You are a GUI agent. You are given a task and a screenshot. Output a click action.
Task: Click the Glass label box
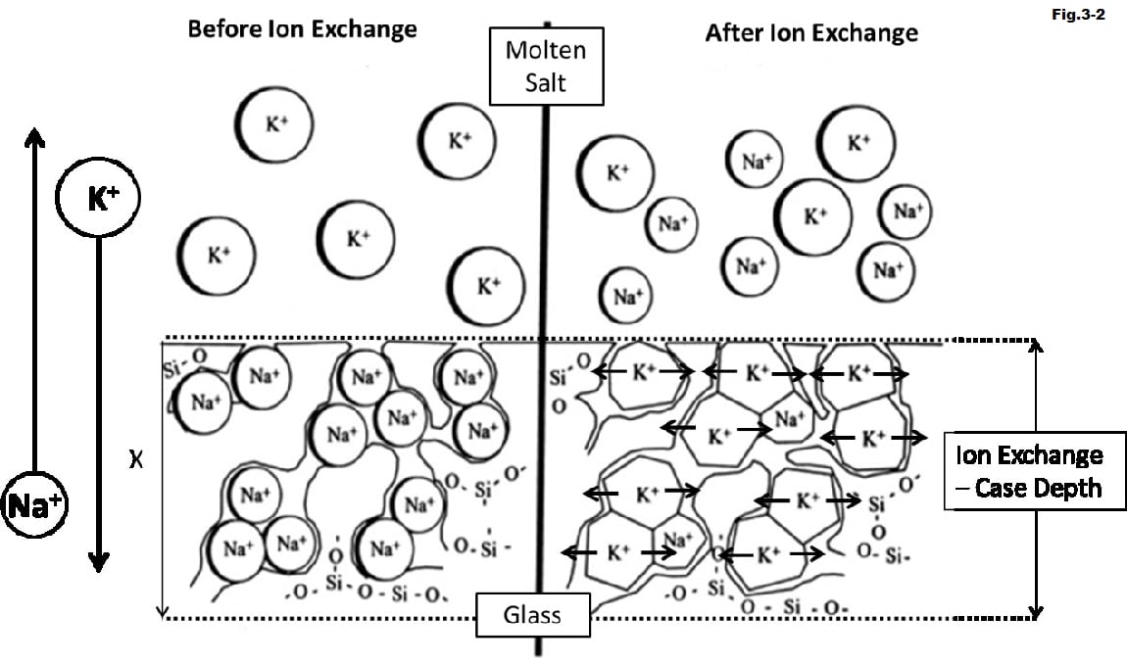533,615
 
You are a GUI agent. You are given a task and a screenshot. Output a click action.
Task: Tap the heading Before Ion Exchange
302,28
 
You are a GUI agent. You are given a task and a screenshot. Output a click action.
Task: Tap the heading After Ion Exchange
811,33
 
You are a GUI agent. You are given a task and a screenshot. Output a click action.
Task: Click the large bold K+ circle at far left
99,199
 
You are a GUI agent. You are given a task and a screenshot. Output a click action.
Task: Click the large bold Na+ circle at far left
35,505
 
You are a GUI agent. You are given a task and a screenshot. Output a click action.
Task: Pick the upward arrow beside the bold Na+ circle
34,294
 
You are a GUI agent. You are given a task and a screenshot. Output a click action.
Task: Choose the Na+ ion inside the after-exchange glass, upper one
788,419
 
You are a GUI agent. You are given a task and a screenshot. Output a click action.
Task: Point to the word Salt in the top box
546,82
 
